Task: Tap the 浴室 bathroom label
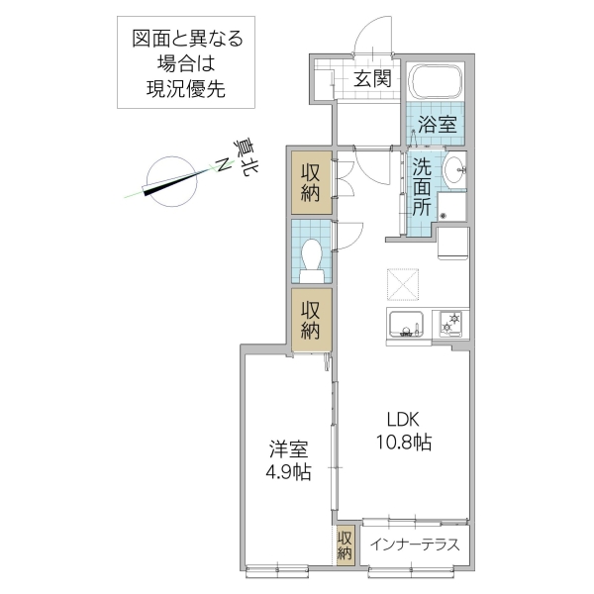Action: [x=437, y=125]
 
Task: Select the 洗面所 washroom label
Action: [x=422, y=187]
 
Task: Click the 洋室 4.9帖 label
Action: [x=288, y=460]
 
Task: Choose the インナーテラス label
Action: [x=414, y=544]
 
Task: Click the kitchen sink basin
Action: [x=406, y=325]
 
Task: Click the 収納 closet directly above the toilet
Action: [x=311, y=182]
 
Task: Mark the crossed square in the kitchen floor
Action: [x=403, y=283]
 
